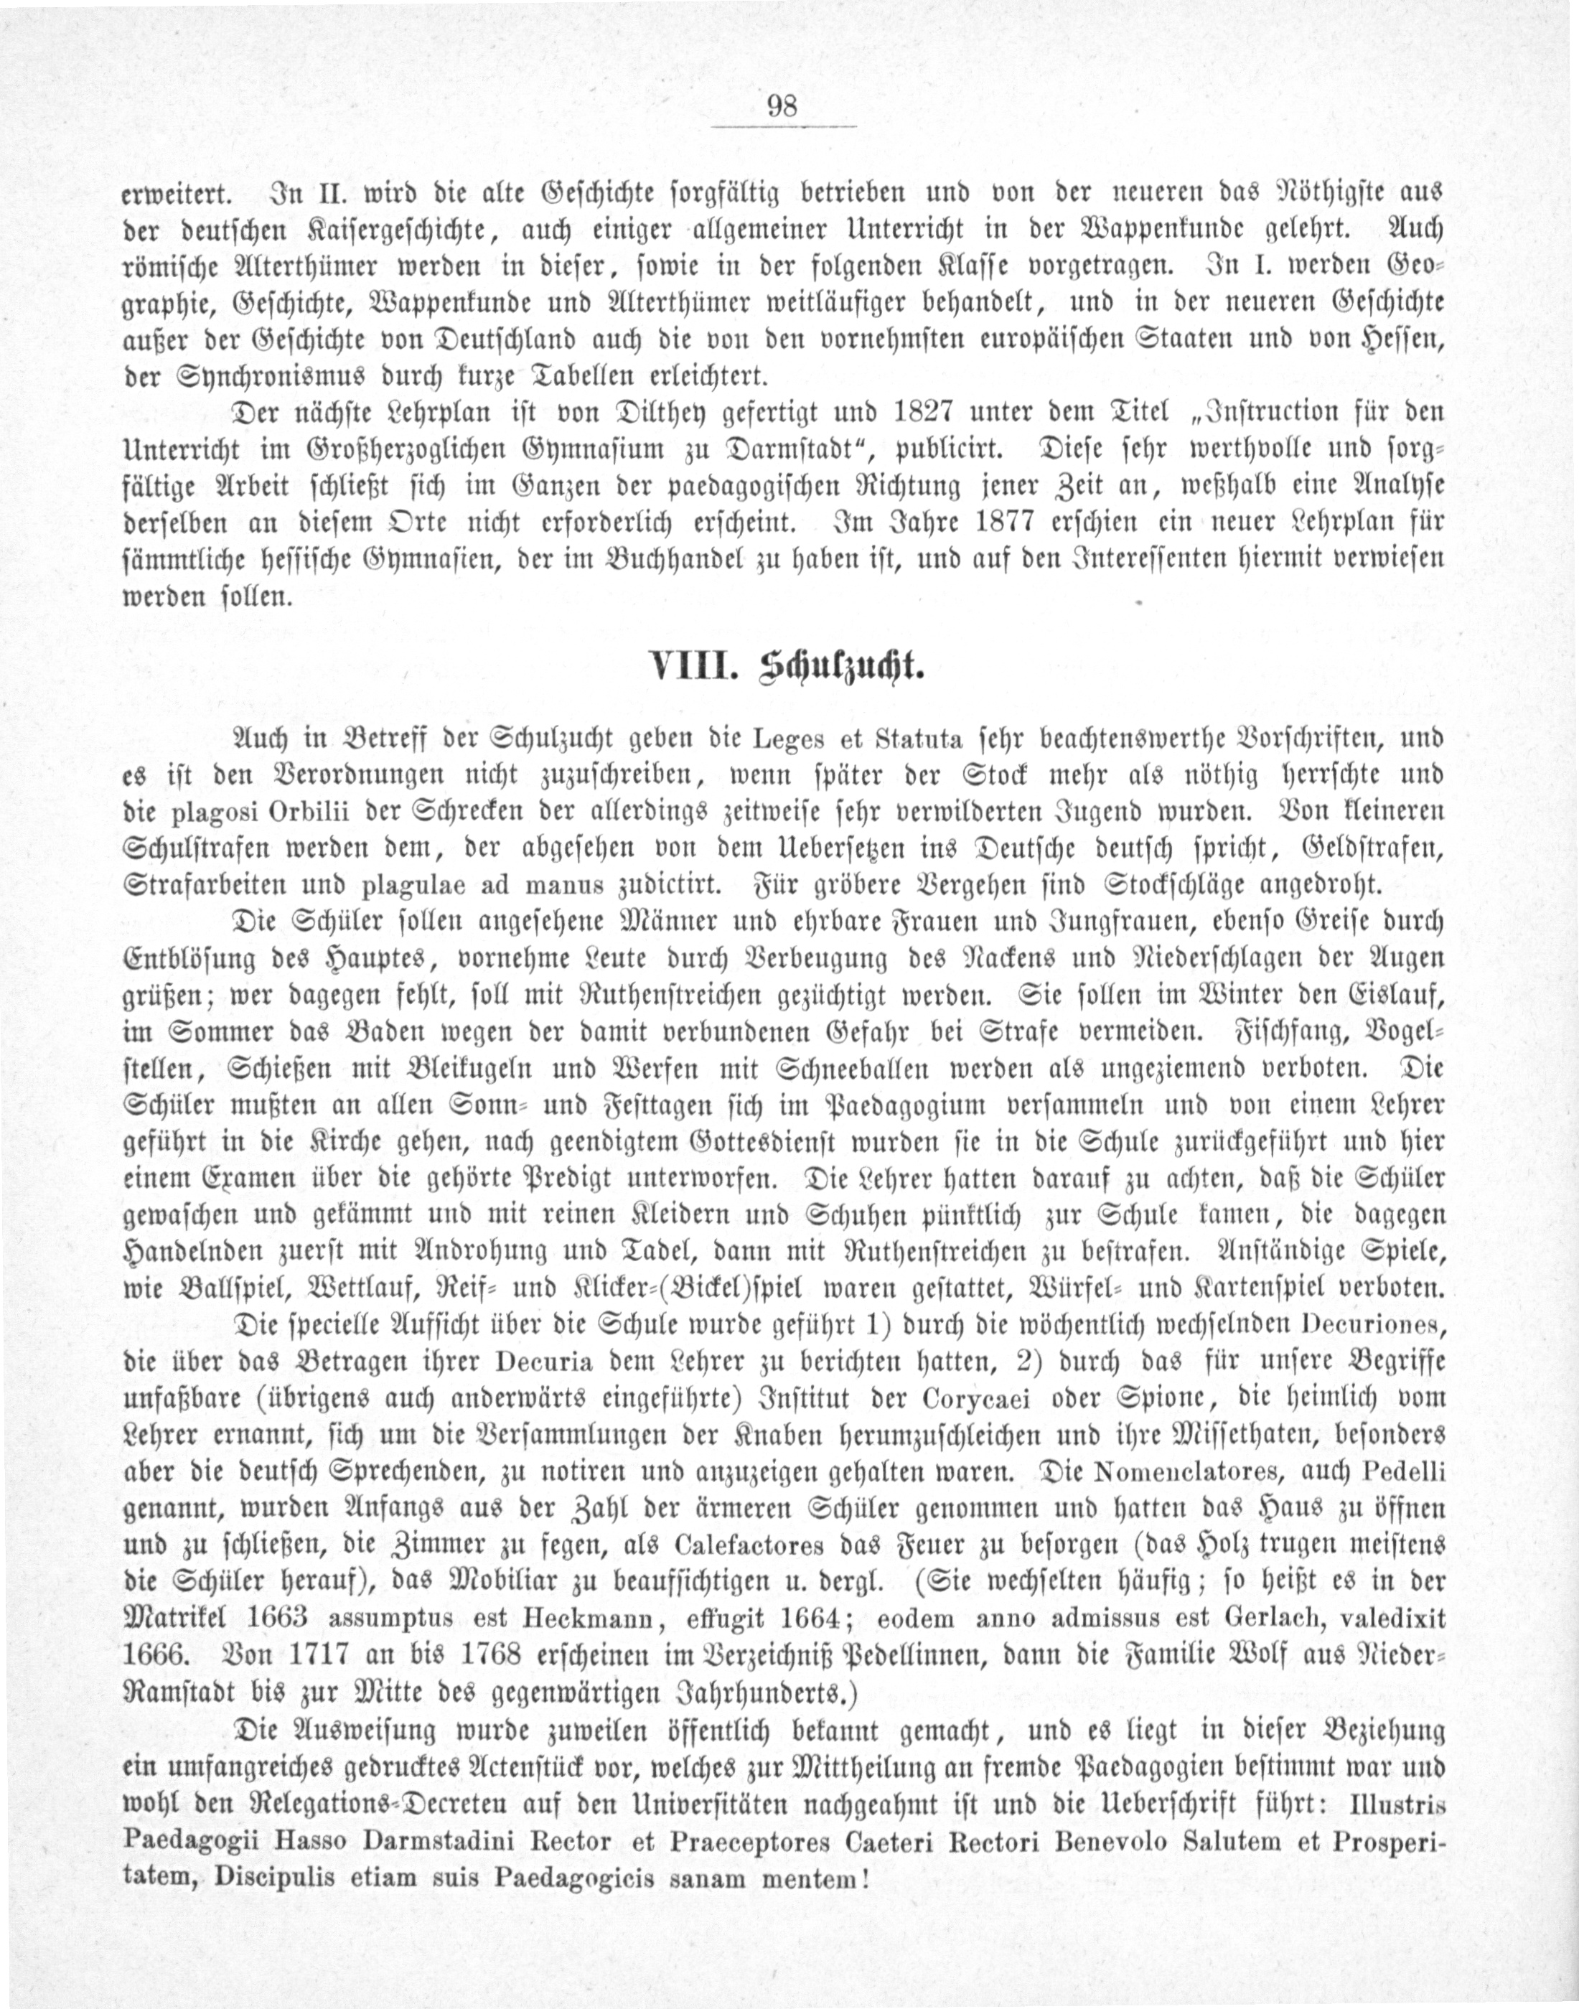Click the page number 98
tap(782, 106)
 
